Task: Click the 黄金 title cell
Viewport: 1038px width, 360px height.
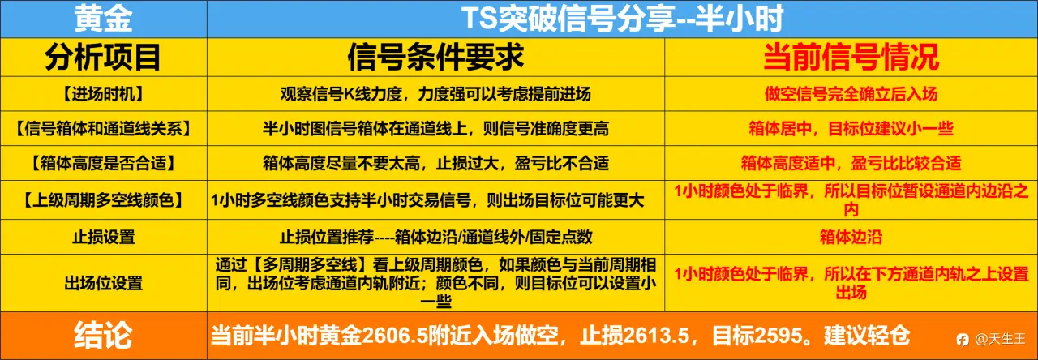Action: pos(103,19)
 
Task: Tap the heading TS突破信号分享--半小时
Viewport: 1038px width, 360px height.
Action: pos(622,19)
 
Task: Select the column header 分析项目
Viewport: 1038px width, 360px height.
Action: pos(103,58)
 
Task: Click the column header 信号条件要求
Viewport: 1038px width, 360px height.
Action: pos(435,58)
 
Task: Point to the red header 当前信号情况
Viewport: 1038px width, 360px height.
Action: pos(851,58)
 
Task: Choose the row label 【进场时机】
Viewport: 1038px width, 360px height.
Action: pos(103,94)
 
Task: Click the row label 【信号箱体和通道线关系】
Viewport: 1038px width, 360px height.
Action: pos(103,129)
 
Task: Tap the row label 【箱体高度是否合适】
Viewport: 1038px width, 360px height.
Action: pos(103,164)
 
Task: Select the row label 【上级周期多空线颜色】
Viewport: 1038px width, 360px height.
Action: pos(103,200)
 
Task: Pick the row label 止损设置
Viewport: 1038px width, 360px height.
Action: pos(103,238)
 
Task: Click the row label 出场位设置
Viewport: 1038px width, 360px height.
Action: pos(103,283)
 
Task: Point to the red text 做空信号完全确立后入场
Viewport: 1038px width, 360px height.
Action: pos(851,94)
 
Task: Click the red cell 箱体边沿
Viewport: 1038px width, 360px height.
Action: pos(851,238)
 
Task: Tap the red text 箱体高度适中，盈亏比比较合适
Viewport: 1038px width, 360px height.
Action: pos(851,164)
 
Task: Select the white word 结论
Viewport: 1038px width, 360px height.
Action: pos(103,336)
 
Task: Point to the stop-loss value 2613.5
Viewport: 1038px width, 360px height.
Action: pos(657,336)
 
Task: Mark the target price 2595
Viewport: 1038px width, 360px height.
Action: pos(778,336)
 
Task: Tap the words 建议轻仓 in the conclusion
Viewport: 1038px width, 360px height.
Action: pos(867,336)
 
